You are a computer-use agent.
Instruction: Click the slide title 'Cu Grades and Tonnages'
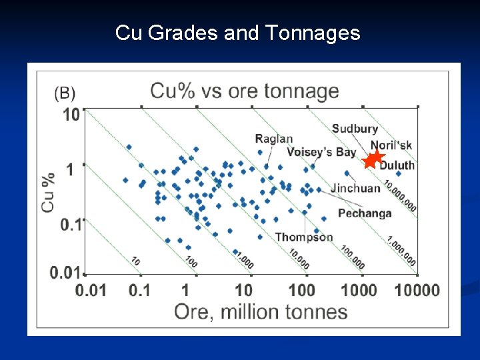pos(237,32)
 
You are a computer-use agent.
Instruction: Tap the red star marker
pos(374,159)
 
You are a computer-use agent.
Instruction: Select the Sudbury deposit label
pos(355,129)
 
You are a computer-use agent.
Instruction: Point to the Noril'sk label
pos(391,145)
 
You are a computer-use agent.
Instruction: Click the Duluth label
pos(397,165)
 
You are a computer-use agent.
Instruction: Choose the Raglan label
pos(273,139)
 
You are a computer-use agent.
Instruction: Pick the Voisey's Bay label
pos(321,152)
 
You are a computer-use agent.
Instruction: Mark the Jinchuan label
pos(355,188)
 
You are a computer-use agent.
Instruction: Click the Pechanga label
pos(365,213)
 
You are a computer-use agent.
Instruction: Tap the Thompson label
pos(304,237)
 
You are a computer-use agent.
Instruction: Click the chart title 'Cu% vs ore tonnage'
pos(245,91)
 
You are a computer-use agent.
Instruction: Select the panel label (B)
pos(65,92)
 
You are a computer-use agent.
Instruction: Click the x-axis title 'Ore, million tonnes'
pos(261,311)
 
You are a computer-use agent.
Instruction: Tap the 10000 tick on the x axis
pos(417,291)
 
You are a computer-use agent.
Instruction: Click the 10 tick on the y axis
pos(71,115)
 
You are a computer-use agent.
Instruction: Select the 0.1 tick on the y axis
pos(71,224)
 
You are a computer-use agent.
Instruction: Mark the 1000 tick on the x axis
pos(361,291)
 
